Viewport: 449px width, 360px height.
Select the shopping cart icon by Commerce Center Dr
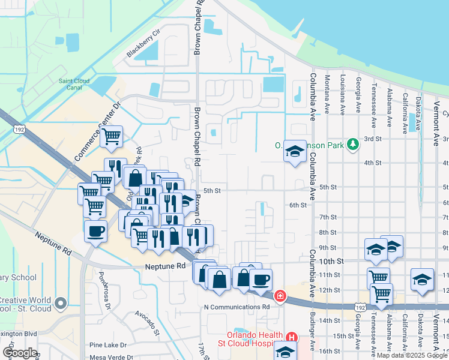(x=111, y=137)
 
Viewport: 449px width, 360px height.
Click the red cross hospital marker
(x=280, y=296)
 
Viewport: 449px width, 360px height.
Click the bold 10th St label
(x=331, y=262)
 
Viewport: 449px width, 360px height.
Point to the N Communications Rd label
(x=237, y=307)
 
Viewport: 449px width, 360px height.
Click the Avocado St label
(x=146, y=323)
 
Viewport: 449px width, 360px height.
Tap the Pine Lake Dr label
(x=107, y=345)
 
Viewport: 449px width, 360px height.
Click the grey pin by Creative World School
(x=61, y=303)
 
